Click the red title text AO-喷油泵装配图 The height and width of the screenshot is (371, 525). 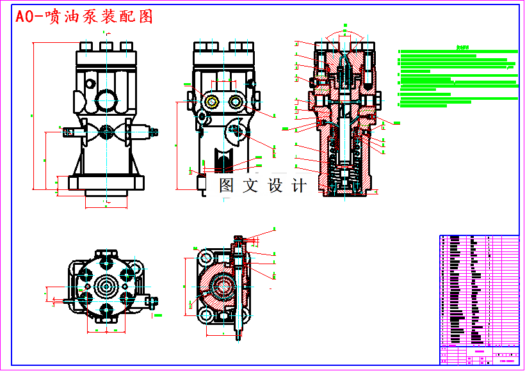pyautogui.click(x=85, y=17)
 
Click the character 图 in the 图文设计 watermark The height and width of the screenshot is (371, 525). pyautogui.click(x=227, y=186)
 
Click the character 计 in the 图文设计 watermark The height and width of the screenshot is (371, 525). pyautogui.click(x=298, y=186)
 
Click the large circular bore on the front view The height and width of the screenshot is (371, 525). pyautogui.click(x=107, y=100)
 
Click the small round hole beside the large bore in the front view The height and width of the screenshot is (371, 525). pyautogui.click(x=90, y=84)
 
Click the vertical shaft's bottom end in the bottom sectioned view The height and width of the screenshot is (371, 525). pyautogui.click(x=239, y=334)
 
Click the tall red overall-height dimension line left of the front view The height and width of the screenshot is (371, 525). pyautogui.click(x=34, y=115)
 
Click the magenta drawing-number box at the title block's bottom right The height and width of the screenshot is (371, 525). pyautogui.click(x=508, y=361)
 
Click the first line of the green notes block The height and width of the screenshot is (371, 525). pyautogui.click(x=457, y=51)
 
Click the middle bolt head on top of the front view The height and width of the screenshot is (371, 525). pyautogui.click(x=107, y=46)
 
